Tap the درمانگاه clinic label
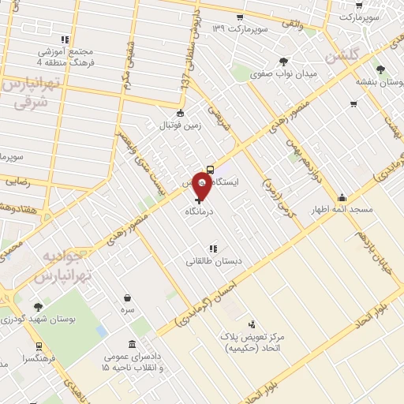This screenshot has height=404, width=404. (x=203, y=212)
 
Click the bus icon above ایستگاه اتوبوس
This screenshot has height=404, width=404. (x=211, y=169)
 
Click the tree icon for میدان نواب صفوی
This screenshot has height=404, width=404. (x=284, y=62)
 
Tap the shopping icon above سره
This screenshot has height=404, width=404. (x=128, y=298)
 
